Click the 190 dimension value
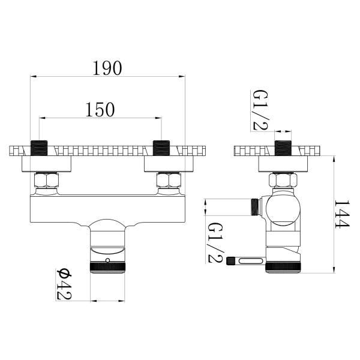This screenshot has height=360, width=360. pyautogui.click(x=107, y=68)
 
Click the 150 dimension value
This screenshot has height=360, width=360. pyautogui.click(x=100, y=110)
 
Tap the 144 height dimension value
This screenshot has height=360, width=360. pyautogui.click(x=341, y=214)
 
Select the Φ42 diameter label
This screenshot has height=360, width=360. pyautogui.click(x=64, y=284)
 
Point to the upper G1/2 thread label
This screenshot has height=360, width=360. pyautogui.click(x=260, y=110)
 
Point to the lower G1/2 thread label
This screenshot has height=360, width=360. pyautogui.click(x=215, y=242)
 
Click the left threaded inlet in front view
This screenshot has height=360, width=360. pyautogui.click(x=39, y=148)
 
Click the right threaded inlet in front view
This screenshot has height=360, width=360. pyautogui.click(x=161, y=148)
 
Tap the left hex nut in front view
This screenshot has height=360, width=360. pyautogui.click(x=46, y=180)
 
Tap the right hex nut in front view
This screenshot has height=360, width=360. pyautogui.click(x=169, y=180)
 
